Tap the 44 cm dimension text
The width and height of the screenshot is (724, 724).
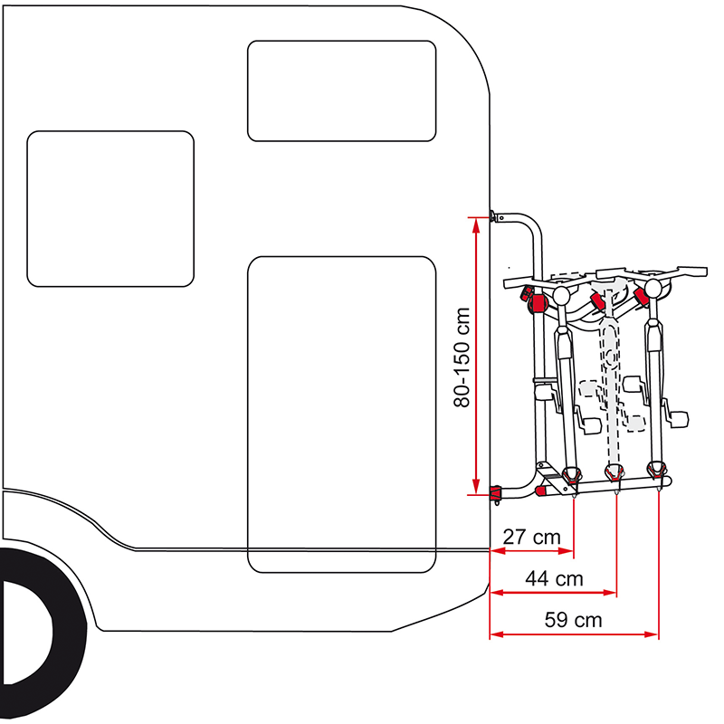click(x=555, y=578)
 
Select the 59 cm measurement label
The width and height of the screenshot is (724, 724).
click(x=574, y=620)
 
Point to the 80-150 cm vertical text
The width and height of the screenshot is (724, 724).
click(x=462, y=357)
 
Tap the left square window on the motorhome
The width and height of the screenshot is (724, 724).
click(x=110, y=208)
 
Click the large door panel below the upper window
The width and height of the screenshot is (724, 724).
click(x=342, y=412)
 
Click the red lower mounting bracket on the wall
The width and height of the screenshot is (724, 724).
click(x=496, y=494)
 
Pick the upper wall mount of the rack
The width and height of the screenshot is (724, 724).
click(x=494, y=216)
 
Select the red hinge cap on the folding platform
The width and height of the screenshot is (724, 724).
click(x=541, y=490)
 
